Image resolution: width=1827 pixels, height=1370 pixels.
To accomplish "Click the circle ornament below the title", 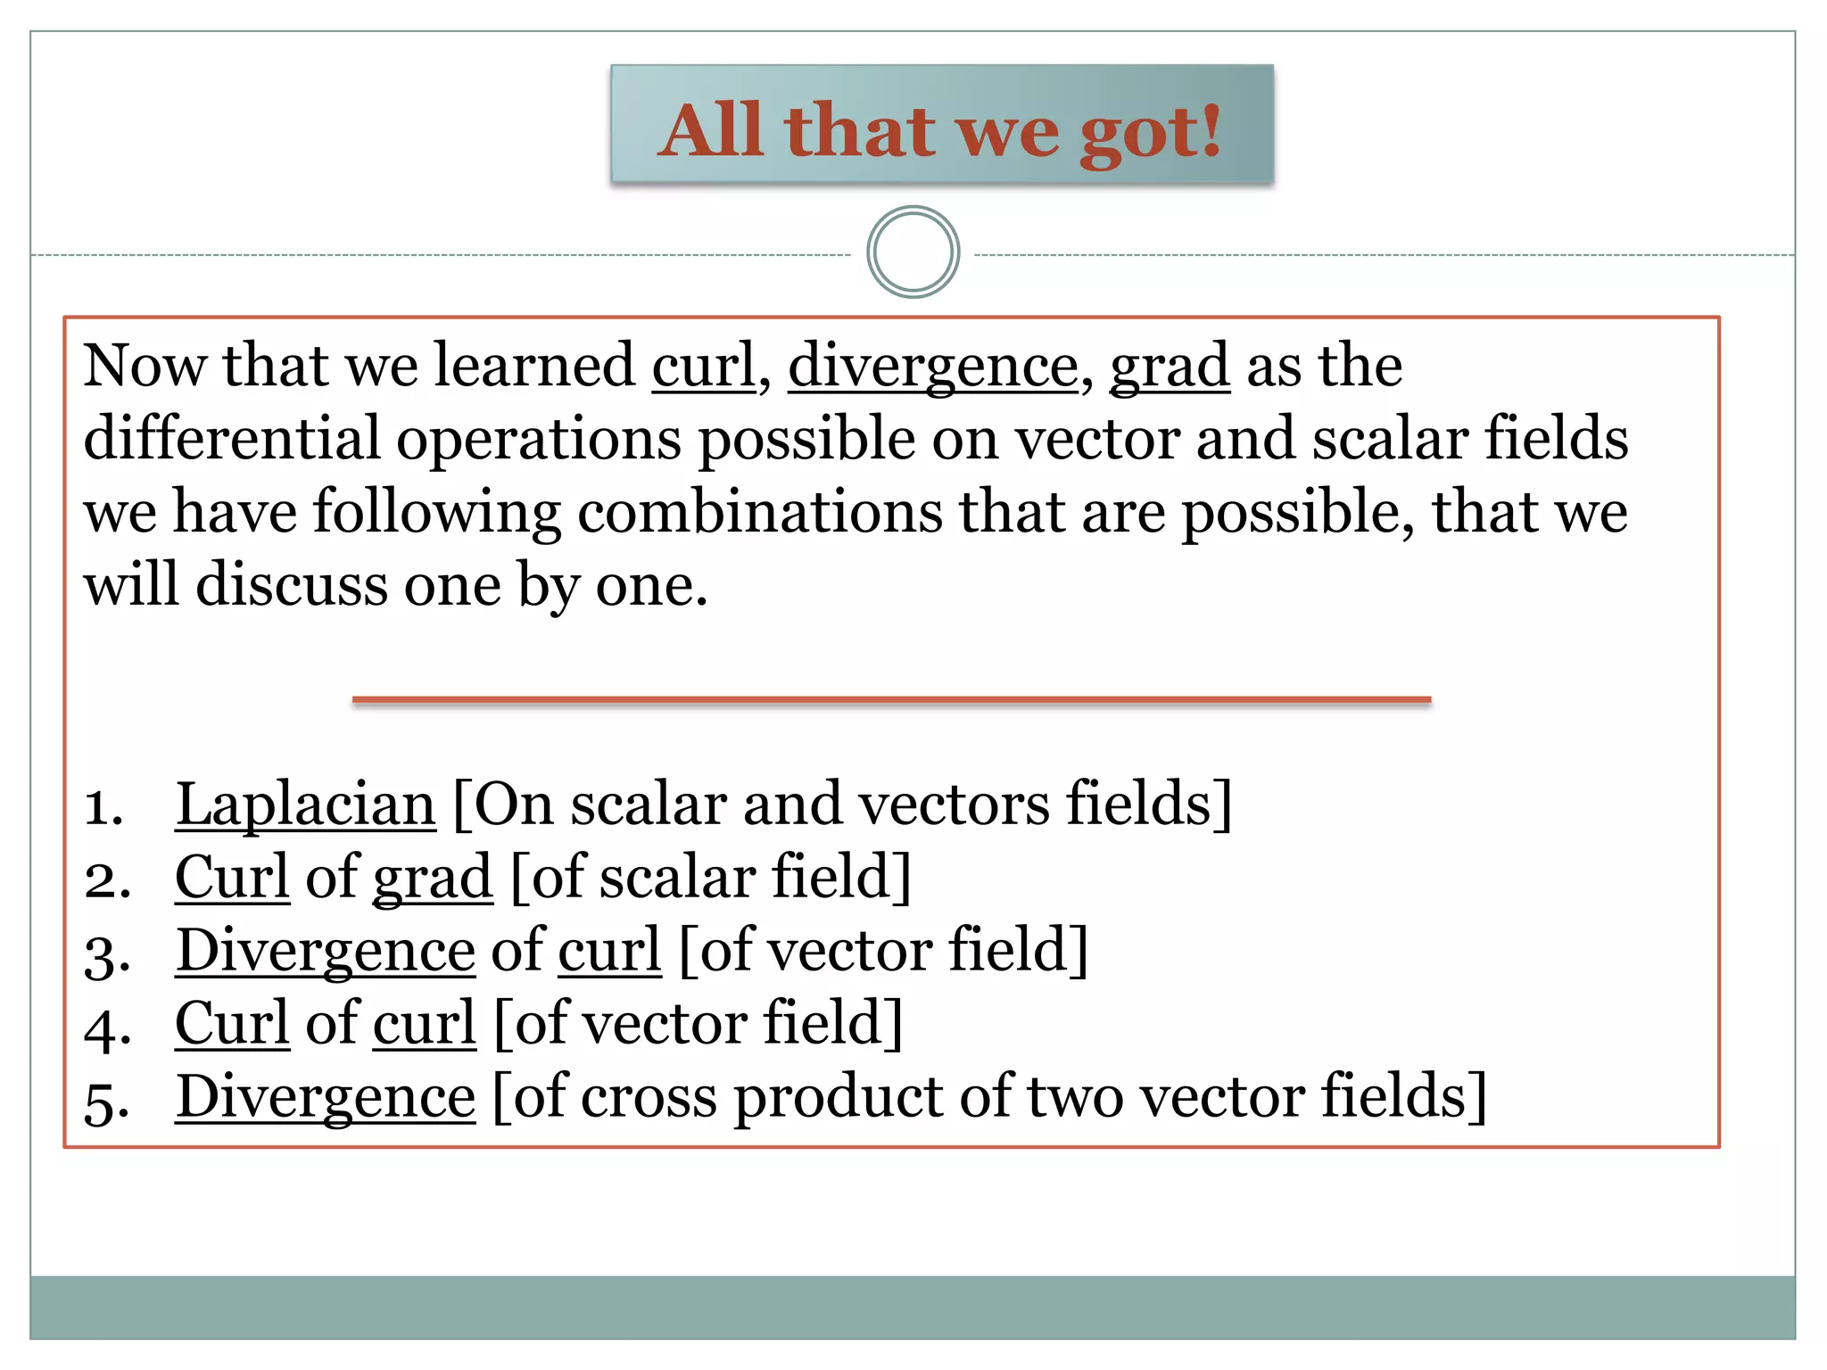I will [913, 252].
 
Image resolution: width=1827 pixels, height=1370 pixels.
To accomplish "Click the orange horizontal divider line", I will [891, 700].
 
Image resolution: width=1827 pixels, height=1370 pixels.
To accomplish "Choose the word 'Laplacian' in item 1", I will [306, 805].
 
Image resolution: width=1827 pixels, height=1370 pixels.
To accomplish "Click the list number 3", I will [107, 955].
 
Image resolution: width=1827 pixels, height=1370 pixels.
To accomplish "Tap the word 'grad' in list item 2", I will [433, 878].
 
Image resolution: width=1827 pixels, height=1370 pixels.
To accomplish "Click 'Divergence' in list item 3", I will [326, 951].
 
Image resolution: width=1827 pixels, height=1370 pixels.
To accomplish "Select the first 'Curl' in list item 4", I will [232, 1024].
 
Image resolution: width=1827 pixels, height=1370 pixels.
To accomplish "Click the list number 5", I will [107, 1102].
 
